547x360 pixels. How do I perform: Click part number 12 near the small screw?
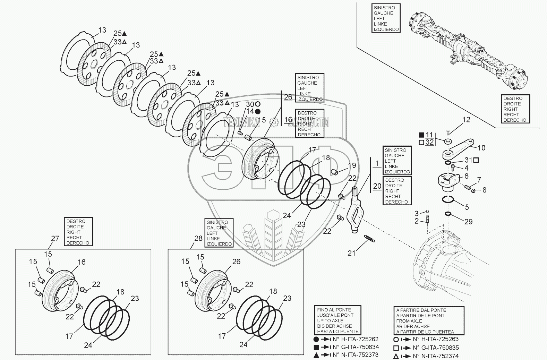[466, 120]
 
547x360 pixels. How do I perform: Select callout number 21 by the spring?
[351, 253]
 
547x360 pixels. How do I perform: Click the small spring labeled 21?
[369, 239]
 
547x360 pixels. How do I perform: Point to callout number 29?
[468, 222]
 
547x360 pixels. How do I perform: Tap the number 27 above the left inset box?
[55, 238]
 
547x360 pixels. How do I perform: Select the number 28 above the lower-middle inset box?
[198, 238]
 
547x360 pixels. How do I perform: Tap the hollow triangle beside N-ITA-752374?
[396, 356]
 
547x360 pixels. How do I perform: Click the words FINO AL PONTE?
[334, 310]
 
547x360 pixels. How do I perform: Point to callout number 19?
[352, 165]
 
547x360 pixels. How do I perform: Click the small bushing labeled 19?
[334, 172]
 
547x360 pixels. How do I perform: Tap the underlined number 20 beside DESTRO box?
[377, 186]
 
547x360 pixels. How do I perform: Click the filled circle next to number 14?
[257, 112]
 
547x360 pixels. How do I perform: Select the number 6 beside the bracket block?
[467, 176]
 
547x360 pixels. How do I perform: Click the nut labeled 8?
[473, 190]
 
